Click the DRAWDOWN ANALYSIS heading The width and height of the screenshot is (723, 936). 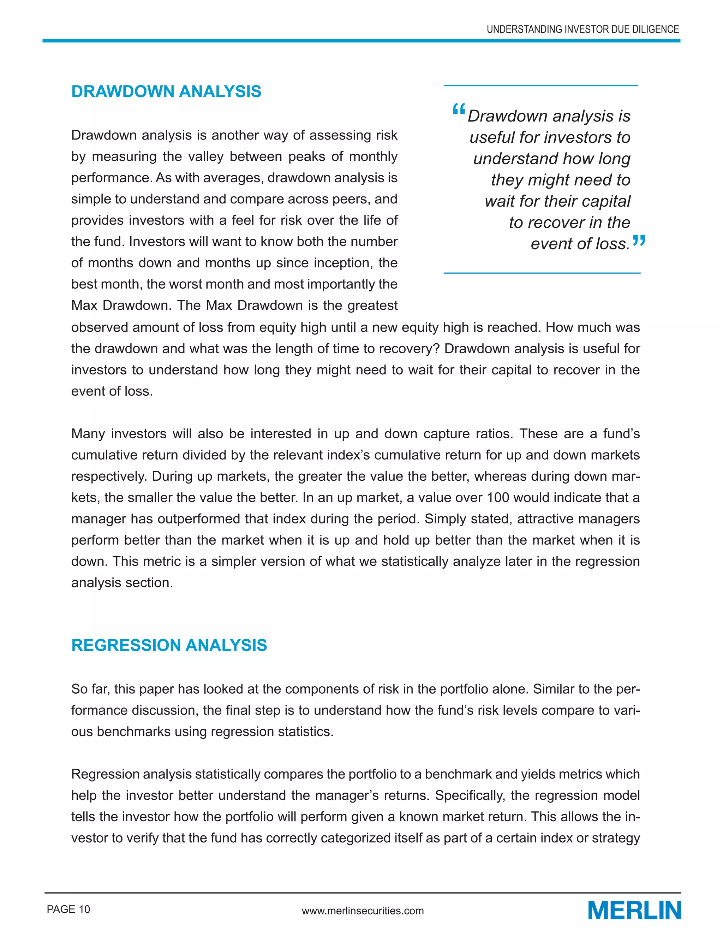pyautogui.click(x=166, y=92)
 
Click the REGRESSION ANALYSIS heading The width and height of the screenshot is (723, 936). pyautogui.click(x=169, y=645)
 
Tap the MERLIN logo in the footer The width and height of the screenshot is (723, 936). pyautogui.click(x=634, y=910)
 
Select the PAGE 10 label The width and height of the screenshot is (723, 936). pyautogui.click(x=68, y=909)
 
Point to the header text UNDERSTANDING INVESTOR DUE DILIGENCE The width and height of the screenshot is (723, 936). pyautogui.click(x=582, y=30)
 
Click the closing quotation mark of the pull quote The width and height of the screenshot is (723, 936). pyautogui.click(x=639, y=241)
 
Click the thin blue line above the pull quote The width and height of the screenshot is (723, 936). pyautogui.click(x=540, y=86)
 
